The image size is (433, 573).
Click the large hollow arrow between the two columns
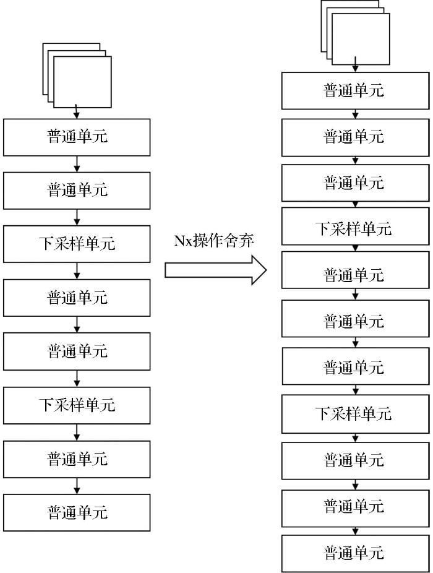pyautogui.click(x=216, y=270)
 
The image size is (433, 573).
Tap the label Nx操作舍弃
pyautogui.click(x=214, y=241)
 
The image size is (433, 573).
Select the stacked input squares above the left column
pyautogui.click(x=77, y=75)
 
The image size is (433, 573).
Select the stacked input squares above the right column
pyautogui.click(x=355, y=33)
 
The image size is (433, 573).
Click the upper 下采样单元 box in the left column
pyautogui.click(x=77, y=244)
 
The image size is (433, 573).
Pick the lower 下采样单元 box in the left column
pyautogui.click(x=77, y=405)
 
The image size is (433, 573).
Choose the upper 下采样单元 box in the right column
pyautogui.click(x=355, y=226)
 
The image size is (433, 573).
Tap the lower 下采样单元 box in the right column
pyautogui.click(x=355, y=414)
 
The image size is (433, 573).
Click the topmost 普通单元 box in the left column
pyautogui.click(x=77, y=137)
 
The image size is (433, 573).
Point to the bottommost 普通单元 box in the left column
pyautogui.click(x=77, y=512)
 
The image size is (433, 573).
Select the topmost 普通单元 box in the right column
pyautogui.click(x=355, y=90)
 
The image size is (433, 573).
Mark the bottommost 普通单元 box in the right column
pyautogui.click(x=355, y=553)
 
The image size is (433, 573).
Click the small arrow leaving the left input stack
pyautogui.click(x=76, y=111)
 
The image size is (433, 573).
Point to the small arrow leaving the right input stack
pyautogui.click(x=355, y=64)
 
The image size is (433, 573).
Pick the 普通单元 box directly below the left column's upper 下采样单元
pyautogui.click(x=77, y=298)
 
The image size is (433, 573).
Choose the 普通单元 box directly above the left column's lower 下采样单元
pyautogui.click(x=77, y=351)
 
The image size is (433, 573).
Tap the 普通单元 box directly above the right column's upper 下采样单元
pyautogui.click(x=355, y=183)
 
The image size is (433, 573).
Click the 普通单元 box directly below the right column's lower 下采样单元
pyautogui.click(x=355, y=460)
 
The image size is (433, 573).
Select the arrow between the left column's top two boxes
pyautogui.click(x=77, y=164)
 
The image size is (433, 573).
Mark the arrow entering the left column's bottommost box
pyautogui.click(x=77, y=486)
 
